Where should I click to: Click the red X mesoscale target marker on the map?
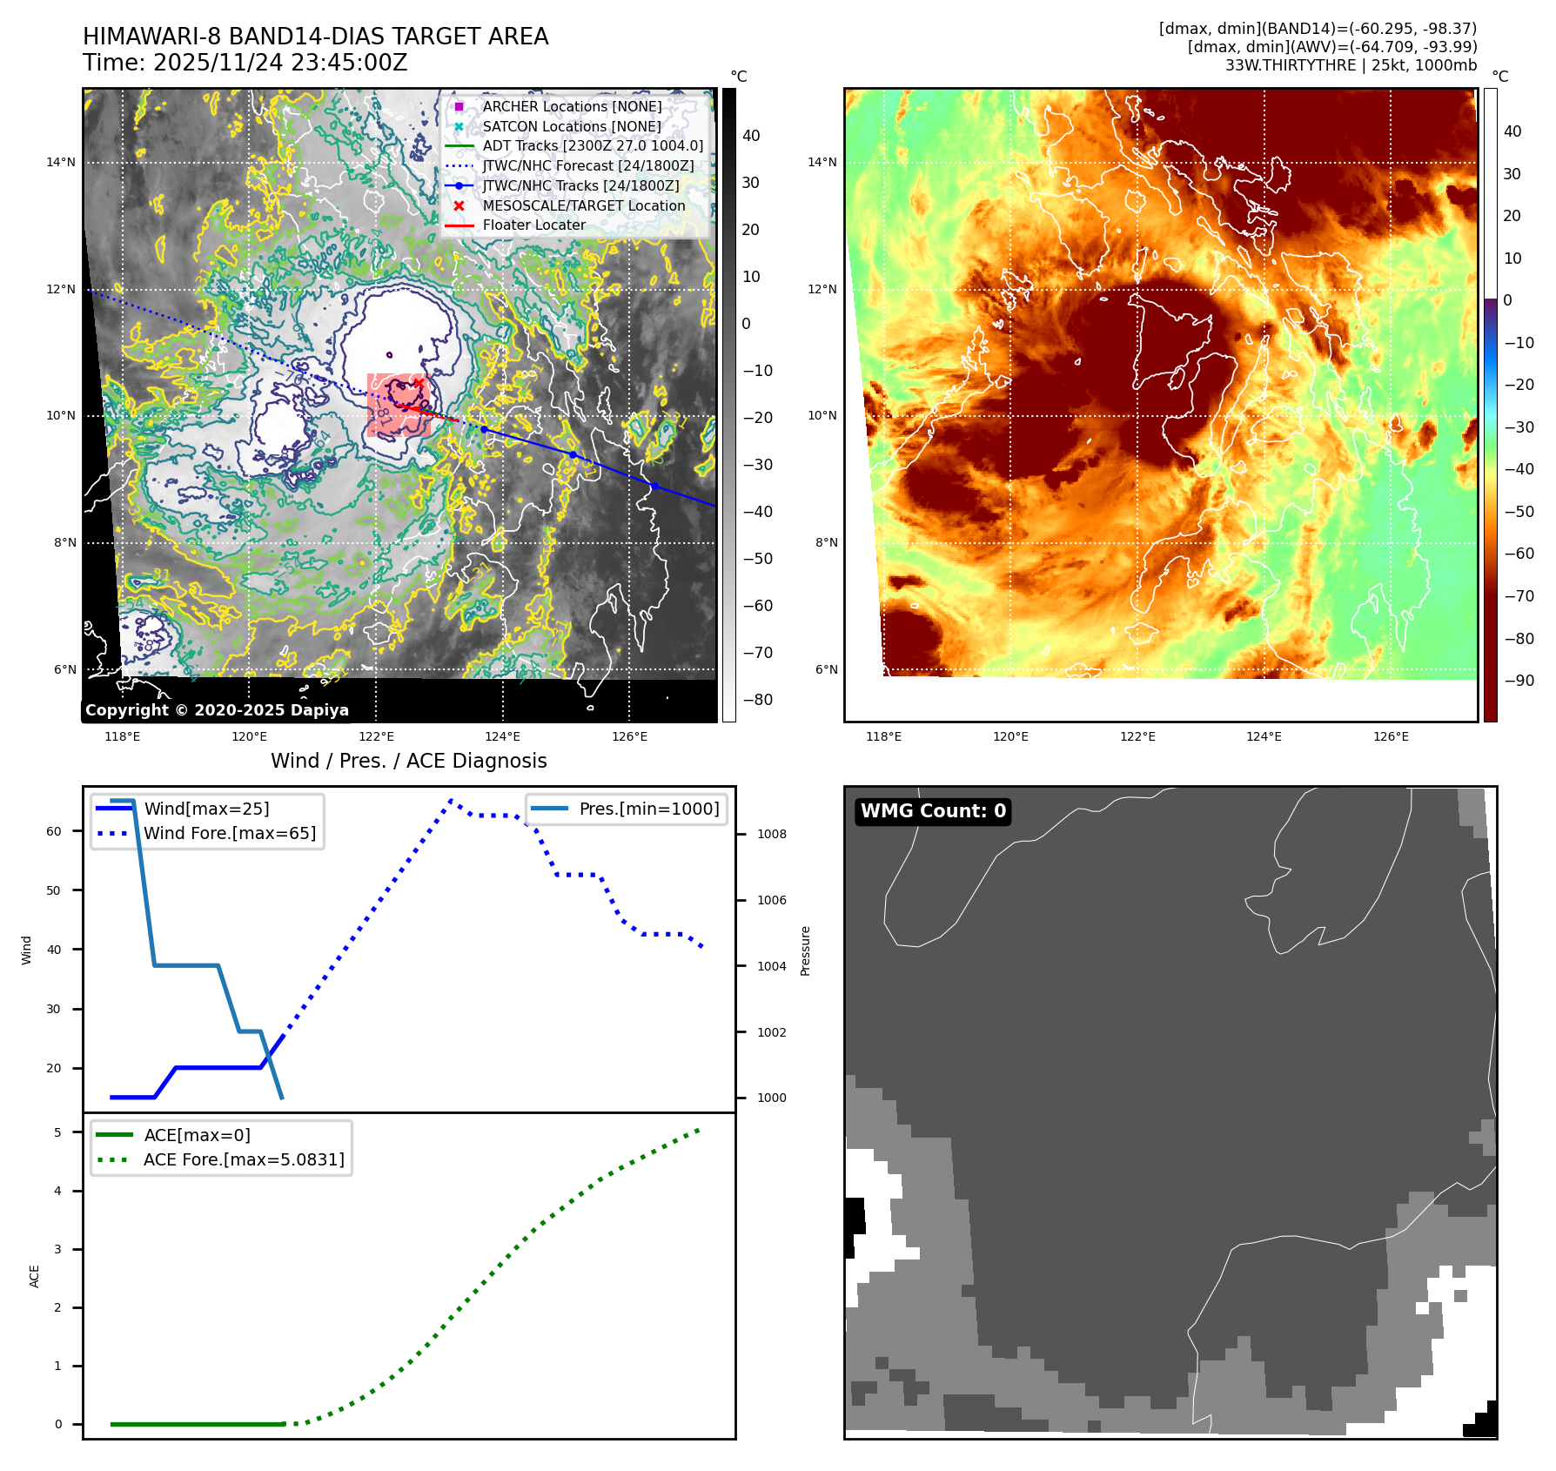(419, 383)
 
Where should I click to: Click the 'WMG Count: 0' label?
(933, 811)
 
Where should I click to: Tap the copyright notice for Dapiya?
(217, 710)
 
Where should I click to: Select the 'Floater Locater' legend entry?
(533, 225)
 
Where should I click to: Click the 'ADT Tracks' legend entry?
(592, 145)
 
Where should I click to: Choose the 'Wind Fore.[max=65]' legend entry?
(230, 833)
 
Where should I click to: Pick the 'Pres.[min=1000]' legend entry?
(648, 809)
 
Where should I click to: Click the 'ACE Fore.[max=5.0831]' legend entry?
(244, 1159)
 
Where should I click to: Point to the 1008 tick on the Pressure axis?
(771, 834)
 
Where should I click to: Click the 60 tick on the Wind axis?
(54, 831)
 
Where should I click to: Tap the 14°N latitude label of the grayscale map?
(61, 162)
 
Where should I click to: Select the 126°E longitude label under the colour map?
(1391, 736)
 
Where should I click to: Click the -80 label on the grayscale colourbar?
(757, 700)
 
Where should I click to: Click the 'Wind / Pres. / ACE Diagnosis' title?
(408, 761)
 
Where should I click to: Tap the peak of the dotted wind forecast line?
(451, 800)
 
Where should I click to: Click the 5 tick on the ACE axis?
(57, 1132)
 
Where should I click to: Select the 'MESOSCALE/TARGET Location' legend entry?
(583, 205)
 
